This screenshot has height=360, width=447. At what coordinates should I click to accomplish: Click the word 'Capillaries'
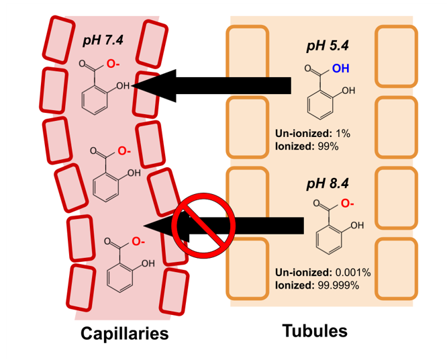[x=124, y=334]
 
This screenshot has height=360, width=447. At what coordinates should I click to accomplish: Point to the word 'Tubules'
[x=315, y=330]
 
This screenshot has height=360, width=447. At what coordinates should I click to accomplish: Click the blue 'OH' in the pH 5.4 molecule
[x=341, y=69]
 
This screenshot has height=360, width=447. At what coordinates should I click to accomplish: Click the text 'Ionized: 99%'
[x=306, y=145]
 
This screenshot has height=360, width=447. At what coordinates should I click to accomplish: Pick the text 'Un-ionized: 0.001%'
[x=322, y=273]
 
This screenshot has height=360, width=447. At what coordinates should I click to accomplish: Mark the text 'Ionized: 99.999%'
[x=316, y=284]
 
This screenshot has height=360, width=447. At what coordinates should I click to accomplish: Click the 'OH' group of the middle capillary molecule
[x=134, y=173]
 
